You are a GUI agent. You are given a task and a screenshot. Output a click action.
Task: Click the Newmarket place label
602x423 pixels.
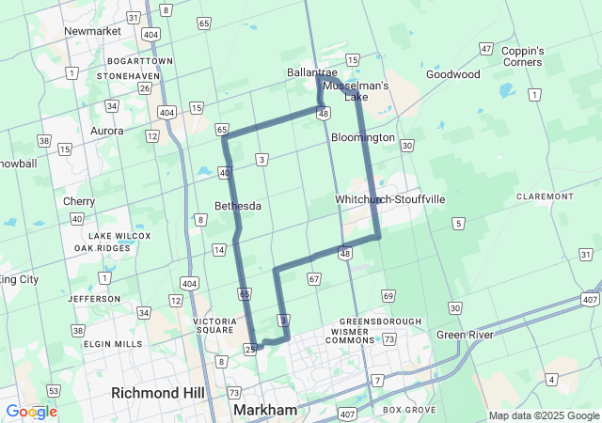(x=93, y=31)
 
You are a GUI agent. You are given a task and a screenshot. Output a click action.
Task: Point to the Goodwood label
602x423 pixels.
(x=452, y=74)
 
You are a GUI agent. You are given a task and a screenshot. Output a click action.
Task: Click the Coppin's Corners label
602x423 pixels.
(x=523, y=55)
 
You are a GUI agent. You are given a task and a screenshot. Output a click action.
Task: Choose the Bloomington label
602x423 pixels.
(x=363, y=137)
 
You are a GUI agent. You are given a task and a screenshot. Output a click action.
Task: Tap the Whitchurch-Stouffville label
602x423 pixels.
(x=390, y=200)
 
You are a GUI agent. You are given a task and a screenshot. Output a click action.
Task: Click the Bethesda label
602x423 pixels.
(x=238, y=206)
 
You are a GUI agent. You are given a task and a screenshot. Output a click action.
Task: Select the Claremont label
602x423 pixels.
(x=545, y=196)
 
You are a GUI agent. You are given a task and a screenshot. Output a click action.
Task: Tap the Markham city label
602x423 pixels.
(x=265, y=411)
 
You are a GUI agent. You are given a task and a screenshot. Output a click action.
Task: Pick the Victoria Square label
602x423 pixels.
(x=214, y=325)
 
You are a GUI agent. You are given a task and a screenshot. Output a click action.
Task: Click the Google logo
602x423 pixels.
(x=31, y=412)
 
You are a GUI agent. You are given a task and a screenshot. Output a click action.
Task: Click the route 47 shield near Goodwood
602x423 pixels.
(x=486, y=49)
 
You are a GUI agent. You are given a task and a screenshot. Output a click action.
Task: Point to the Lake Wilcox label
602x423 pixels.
(x=106, y=235)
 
